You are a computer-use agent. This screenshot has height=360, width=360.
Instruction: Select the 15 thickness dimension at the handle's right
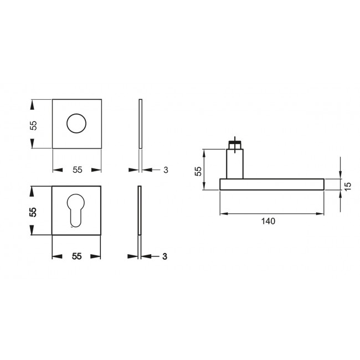(x=348, y=184)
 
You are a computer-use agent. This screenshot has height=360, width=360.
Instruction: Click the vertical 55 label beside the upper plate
(x=33, y=125)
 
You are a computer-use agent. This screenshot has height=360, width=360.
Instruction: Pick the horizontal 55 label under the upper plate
(x=77, y=169)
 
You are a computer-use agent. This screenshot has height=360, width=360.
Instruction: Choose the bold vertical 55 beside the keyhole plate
(x=33, y=212)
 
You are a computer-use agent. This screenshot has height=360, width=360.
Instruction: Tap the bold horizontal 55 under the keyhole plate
(x=77, y=256)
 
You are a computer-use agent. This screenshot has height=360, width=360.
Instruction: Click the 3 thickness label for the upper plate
(x=166, y=169)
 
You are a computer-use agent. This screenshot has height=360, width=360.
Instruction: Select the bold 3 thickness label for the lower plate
(x=165, y=256)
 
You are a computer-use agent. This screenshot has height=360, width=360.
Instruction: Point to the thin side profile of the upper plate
(x=141, y=124)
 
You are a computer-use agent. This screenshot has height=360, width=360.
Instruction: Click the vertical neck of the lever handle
(x=235, y=164)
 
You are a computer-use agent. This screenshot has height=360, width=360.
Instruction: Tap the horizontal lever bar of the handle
(x=271, y=184)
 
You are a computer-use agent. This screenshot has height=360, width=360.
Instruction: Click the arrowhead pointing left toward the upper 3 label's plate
(x=146, y=169)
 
